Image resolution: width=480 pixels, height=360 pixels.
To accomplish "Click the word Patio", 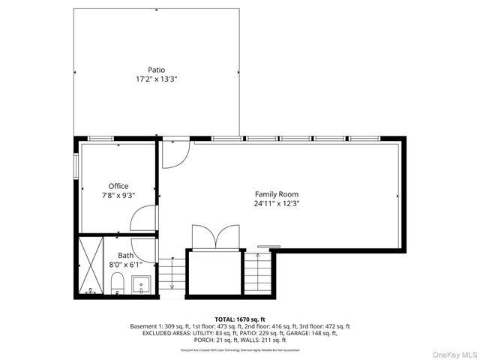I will click(x=157, y=70).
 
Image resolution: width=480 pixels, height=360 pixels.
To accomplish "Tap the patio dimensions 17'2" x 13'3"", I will click(x=157, y=79).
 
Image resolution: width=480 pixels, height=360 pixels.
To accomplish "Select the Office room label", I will click(x=118, y=186).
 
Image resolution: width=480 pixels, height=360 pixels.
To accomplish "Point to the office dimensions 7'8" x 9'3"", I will click(x=118, y=195).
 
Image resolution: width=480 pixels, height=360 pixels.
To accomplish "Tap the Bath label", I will click(x=125, y=256).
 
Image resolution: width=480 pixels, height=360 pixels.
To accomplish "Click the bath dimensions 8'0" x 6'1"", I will click(x=125, y=265).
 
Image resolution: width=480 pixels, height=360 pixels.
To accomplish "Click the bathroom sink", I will click(x=142, y=285).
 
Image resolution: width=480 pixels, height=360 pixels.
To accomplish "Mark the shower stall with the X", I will click(x=91, y=265).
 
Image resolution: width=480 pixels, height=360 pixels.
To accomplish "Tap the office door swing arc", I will click(x=142, y=219).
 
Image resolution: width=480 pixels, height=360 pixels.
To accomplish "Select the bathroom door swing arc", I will click(x=143, y=250).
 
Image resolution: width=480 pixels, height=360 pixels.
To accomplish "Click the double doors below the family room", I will click(x=215, y=236).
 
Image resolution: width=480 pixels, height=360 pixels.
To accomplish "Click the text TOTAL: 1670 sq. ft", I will click(x=240, y=319).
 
